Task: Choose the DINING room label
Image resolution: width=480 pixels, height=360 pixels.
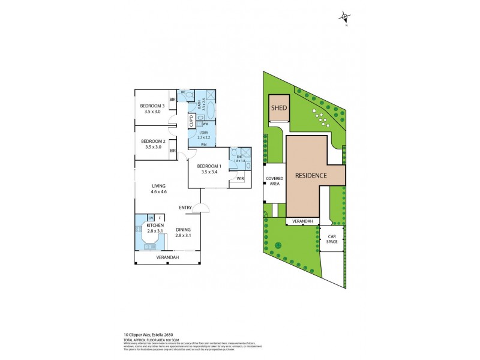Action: tap(184, 229)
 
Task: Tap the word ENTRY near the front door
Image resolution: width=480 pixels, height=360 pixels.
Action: tap(185, 208)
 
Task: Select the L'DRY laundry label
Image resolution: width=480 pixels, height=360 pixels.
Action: tap(203, 132)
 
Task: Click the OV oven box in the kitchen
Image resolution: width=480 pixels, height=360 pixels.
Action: tap(151, 217)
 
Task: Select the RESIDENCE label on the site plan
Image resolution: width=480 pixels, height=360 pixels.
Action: tap(310, 176)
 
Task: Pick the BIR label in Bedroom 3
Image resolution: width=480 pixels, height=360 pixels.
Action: tap(172, 100)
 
